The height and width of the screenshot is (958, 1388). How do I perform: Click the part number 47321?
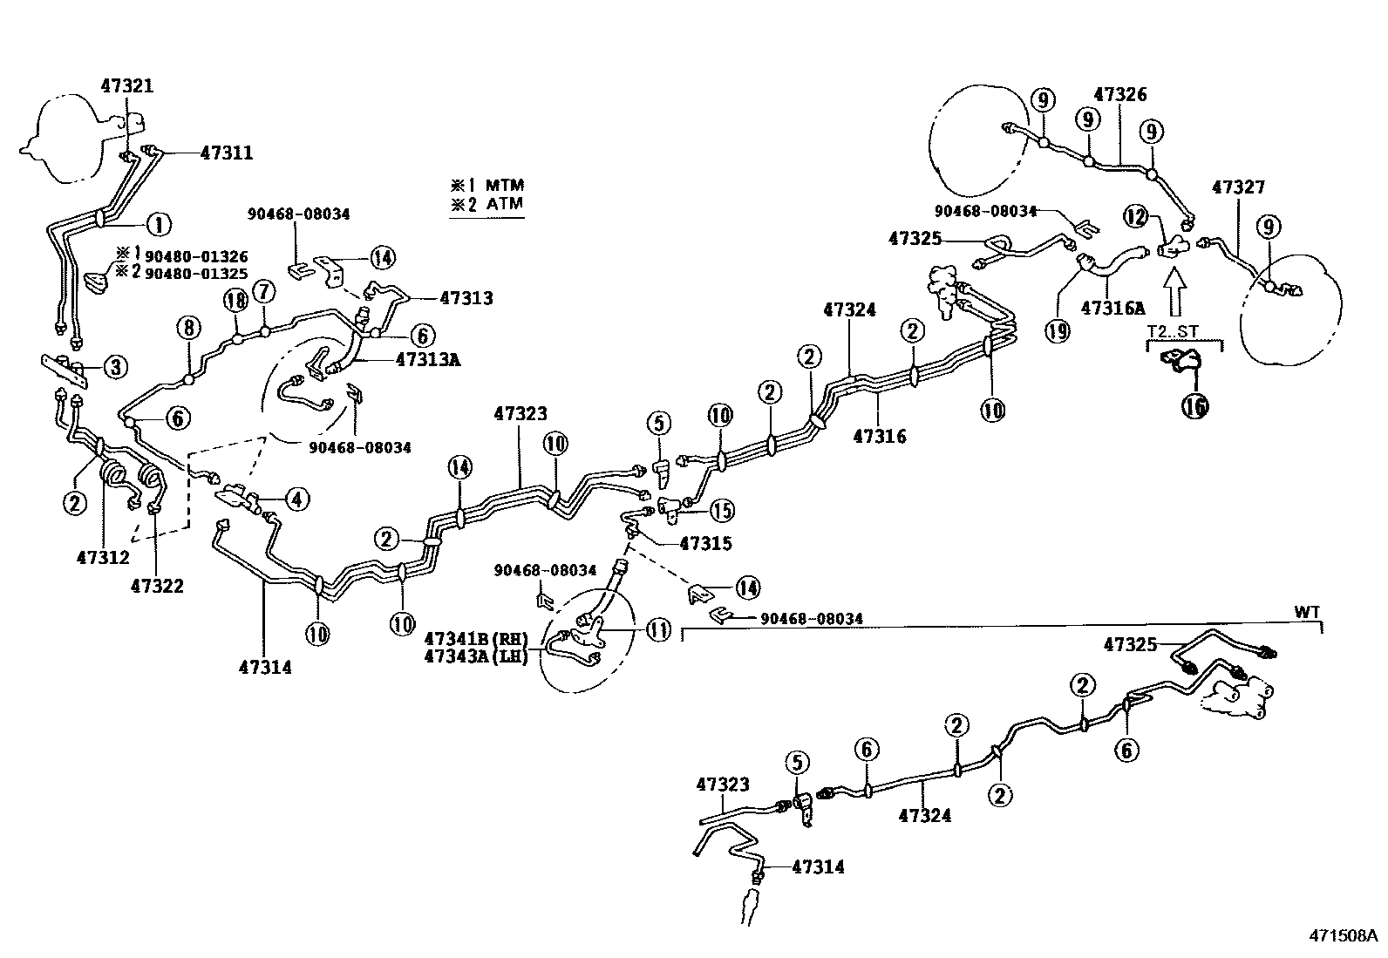pyautogui.click(x=127, y=85)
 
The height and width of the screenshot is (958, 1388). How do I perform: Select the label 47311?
pyautogui.click(x=227, y=153)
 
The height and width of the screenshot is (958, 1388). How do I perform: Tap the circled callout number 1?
pyautogui.click(x=159, y=224)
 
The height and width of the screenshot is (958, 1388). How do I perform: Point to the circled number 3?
pyautogui.click(x=115, y=367)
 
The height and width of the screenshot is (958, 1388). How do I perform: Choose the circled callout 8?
pyautogui.click(x=188, y=328)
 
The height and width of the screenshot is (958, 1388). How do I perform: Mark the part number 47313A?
pyautogui.click(x=428, y=358)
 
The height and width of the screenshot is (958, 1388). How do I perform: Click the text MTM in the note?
pyautogui.click(x=505, y=185)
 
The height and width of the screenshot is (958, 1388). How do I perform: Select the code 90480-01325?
pyautogui.click(x=196, y=273)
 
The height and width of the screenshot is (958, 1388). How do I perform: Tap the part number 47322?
pyautogui.click(x=158, y=586)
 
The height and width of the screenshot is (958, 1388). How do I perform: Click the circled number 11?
pyautogui.click(x=659, y=629)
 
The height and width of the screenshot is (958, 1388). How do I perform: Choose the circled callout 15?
pyautogui.click(x=722, y=510)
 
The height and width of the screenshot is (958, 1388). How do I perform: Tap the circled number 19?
pyautogui.click(x=1058, y=332)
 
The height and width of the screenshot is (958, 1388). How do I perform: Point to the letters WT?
pyautogui.click(x=1307, y=612)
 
